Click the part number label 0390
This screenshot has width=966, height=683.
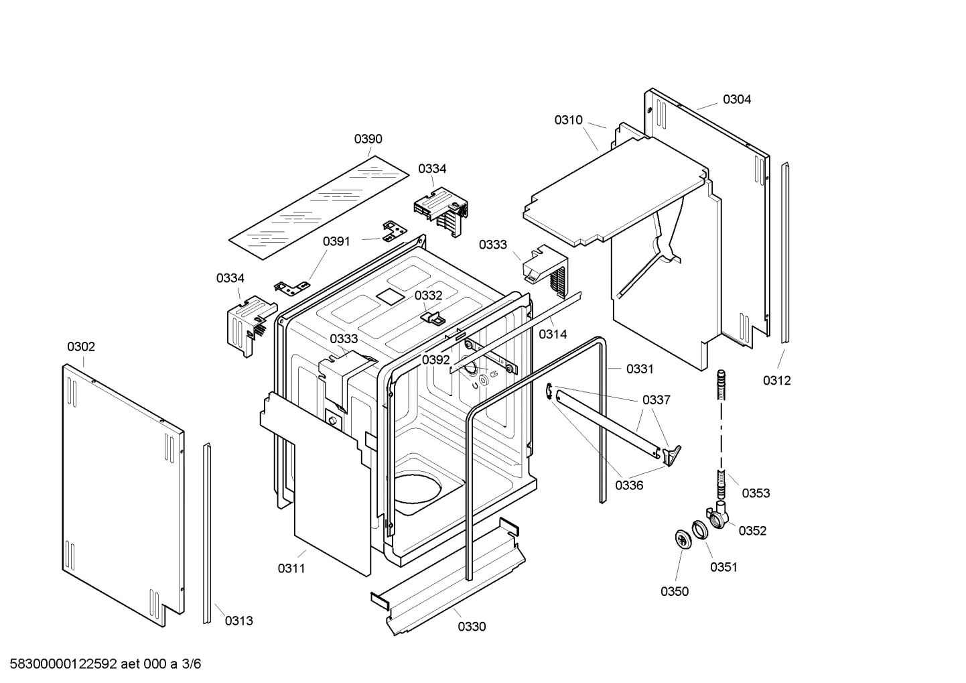[368, 139]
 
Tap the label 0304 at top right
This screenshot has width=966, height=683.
[736, 99]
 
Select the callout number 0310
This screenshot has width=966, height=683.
[568, 120]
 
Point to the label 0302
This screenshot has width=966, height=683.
[81, 347]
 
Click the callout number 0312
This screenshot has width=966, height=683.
[776, 380]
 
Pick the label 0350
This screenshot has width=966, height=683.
[674, 591]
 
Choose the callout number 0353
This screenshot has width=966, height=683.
[756, 493]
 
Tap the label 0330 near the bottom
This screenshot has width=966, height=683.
[472, 627]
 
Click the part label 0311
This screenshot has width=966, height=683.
[291, 568]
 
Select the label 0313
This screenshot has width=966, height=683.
[238, 621]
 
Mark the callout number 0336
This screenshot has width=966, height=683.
[629, 485]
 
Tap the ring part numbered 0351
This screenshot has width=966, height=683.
[699, 530]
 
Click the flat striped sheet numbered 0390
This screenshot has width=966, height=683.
[318, 208]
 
